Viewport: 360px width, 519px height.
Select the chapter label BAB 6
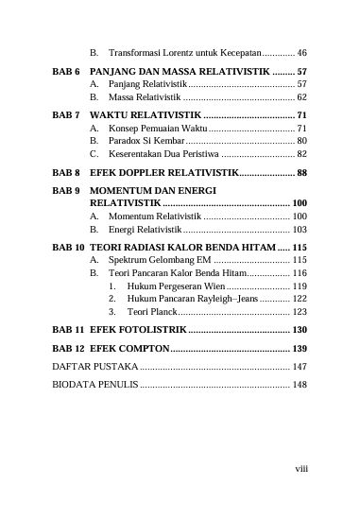(66, 72)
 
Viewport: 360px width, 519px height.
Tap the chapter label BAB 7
(66, 114)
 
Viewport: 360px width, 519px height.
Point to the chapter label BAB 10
(68, 246)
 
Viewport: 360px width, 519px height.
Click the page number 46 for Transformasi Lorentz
(301, 53)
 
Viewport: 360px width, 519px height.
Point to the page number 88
(301, 173)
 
